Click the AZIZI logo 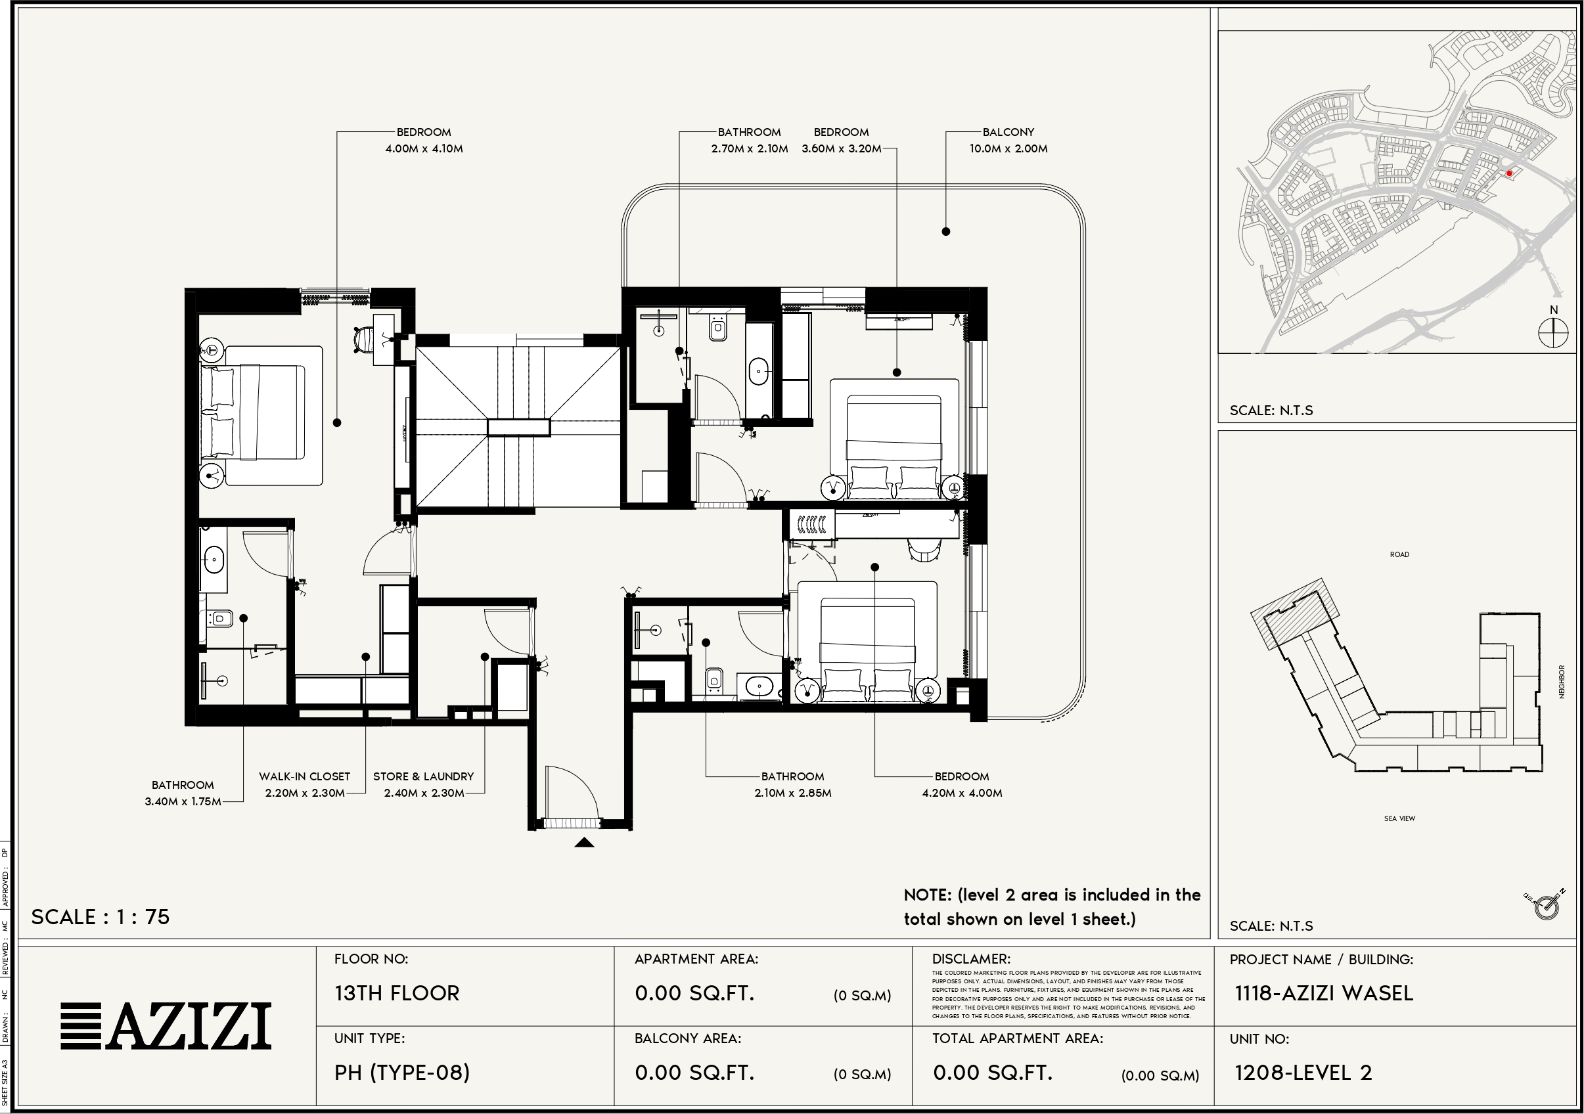[166, 1026]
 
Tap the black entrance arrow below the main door [583, 842]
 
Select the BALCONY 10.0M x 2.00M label [1008, 140]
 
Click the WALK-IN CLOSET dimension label [304, 784]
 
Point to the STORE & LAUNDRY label [423, 784]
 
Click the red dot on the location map [1509, 174]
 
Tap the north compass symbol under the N [1553, 334]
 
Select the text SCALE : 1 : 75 [101, 917]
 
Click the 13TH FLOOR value [397, 993]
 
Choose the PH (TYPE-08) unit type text [402, 1073]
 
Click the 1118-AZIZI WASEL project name [1324, 993]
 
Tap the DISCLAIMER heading [970, 959]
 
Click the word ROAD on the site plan [1399, 554]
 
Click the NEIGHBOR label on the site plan [1562, 682]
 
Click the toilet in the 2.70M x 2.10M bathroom [718, 329]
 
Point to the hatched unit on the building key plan [1295, 614]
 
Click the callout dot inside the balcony [946, 232]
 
